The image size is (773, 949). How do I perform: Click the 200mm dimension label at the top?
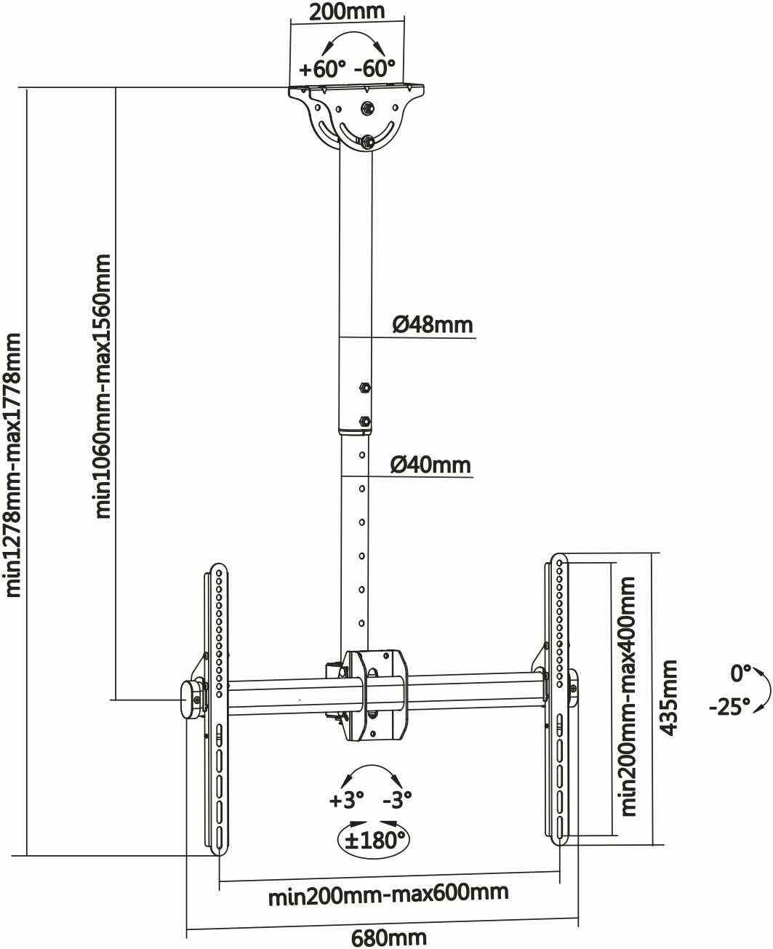point(346,12)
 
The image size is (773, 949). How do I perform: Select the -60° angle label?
point(375,70)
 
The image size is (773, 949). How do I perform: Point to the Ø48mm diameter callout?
point(432,324)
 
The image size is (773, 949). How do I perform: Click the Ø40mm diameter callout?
point(430,464)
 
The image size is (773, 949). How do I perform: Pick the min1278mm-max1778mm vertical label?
point(14,465)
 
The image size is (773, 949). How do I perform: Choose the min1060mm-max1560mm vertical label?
point(104,385)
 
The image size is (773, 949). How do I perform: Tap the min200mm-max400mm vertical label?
point(627,696)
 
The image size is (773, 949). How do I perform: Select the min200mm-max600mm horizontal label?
point(388,893)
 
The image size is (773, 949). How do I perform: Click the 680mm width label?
point(388,938)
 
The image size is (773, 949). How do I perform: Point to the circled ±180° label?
point(374,841)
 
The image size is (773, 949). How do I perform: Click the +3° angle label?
point(346,801)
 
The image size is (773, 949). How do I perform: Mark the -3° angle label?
point(397,801)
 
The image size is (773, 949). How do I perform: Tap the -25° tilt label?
point(729,706)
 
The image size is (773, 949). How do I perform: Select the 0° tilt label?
point(740,674)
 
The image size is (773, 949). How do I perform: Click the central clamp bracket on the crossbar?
point(375,694)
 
